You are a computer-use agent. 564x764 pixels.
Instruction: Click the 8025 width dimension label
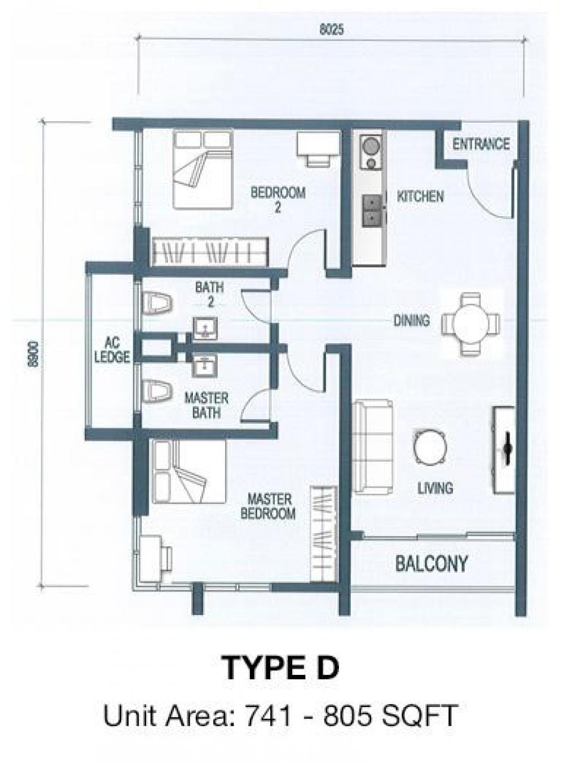[331, 30]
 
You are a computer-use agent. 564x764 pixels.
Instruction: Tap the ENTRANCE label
[481, 144]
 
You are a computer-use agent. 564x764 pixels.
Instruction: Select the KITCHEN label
[420, 197]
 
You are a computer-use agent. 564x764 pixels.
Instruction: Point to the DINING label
[412, 320]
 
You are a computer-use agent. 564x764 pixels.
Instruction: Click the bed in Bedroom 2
[203, 169]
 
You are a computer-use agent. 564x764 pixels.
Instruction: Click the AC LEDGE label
[112, 350]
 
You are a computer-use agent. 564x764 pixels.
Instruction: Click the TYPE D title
[281, 668]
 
